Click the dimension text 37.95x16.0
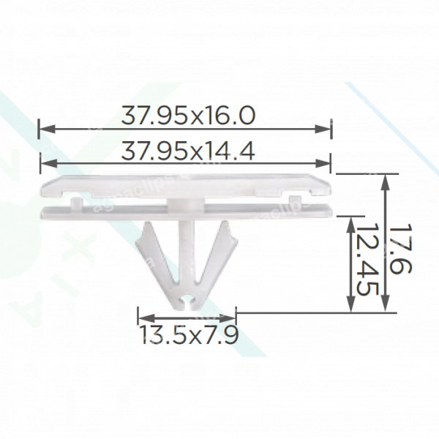pyautogui.click(x=187, y=116)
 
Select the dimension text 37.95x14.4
pyautogui.click(x=187, y=151)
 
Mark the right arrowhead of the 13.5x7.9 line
pyautogui.click(x=233, y=318)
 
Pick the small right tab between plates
pyautogui.click(x=295, y=200)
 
